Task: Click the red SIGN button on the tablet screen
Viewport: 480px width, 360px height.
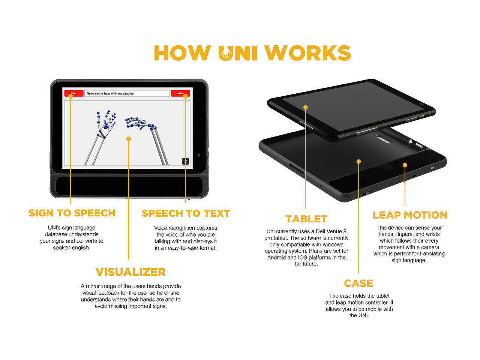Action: click(74, 93)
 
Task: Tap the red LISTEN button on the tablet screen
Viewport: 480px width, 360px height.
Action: click(180, 93)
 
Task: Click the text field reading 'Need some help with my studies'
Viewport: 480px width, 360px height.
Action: click(127, 93)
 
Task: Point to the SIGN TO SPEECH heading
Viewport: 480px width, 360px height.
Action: click(72, 213)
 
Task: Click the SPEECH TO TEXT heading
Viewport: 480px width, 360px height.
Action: click(186, 213)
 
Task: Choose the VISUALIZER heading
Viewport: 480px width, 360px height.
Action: click(130, 272)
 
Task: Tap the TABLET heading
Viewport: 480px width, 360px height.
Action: click(306, 219)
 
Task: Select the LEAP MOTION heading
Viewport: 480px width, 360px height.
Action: click(410, 215)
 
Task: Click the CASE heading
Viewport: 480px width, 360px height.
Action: click(358, 283)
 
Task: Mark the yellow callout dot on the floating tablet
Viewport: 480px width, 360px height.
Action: click(306, 108)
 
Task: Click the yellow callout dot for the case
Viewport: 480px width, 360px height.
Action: click(358, 162)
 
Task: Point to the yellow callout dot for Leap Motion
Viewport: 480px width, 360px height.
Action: click(405, 165)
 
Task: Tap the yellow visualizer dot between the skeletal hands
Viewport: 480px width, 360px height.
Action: click(129, 139)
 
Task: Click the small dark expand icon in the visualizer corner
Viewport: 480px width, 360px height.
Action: click(185, 161)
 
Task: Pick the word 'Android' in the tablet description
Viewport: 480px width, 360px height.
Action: click(277, 257)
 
